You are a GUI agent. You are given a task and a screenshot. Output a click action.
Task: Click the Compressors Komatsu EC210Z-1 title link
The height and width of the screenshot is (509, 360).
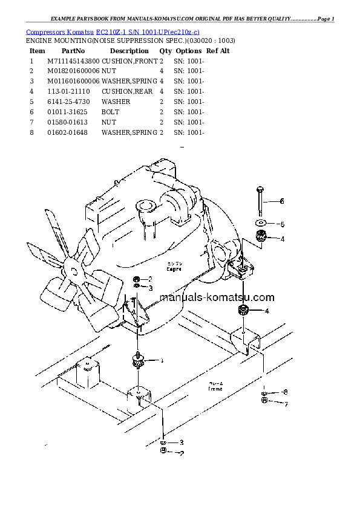[113, 31]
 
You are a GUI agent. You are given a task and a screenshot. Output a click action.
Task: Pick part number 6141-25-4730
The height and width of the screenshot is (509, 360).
[67, 102]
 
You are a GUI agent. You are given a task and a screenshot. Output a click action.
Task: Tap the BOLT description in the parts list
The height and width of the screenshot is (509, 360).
[111, 112]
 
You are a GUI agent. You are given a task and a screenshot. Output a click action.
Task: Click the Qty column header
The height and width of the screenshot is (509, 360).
[165, 51]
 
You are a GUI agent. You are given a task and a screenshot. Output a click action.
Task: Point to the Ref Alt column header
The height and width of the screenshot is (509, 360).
[218, 51]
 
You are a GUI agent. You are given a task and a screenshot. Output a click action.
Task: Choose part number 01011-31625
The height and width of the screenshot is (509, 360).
[66, 112]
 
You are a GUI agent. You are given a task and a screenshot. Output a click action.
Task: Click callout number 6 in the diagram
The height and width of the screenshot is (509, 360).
[281, 201]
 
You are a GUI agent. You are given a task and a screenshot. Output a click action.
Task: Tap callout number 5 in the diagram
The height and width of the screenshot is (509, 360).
[281, 224]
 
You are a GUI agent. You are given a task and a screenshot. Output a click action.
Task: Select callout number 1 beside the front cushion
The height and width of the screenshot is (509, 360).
[162, 361]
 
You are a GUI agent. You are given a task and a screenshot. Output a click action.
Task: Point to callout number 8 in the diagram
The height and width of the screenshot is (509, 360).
[286, 392]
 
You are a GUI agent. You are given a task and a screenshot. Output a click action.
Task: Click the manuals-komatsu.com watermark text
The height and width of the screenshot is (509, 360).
[217, 297]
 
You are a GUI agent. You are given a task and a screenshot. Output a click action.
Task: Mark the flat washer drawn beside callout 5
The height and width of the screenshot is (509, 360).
[260, 223]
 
